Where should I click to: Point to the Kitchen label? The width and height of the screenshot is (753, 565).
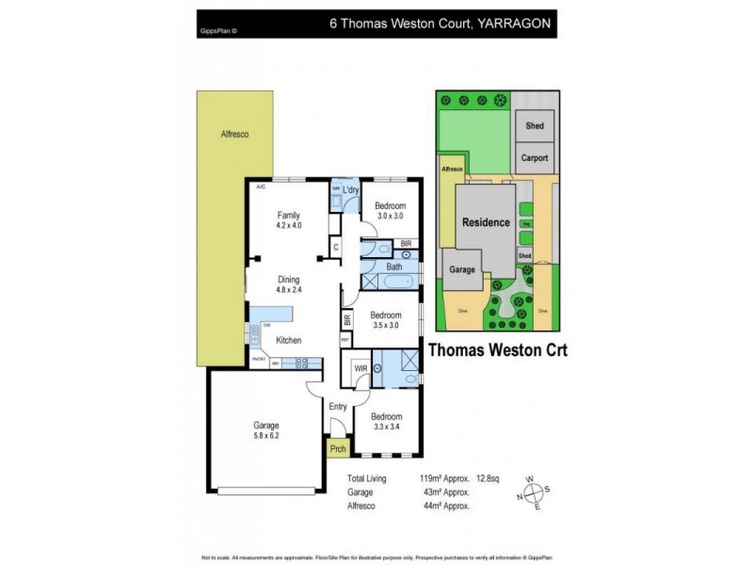[288, 339]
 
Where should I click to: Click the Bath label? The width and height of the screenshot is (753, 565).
[393, 266]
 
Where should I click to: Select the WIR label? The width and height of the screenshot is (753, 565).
[360, 369]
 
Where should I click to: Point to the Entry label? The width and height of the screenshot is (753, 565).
[338, 407]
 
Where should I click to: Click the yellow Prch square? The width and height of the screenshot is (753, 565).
[337, 449]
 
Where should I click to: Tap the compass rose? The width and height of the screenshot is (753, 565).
[532, 493]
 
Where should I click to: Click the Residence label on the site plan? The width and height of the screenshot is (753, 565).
[486, 223]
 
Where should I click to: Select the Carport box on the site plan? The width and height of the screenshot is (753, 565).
[535, 158]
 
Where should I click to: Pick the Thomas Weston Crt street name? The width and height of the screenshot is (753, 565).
[496, 348]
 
